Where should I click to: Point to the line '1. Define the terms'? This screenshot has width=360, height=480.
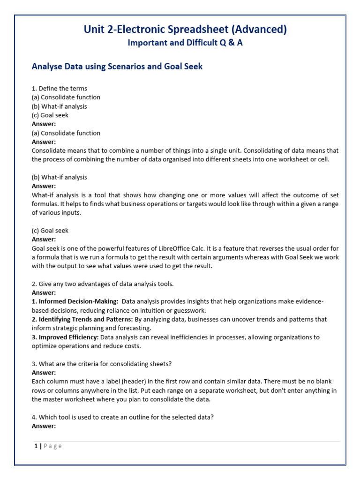(60, 88)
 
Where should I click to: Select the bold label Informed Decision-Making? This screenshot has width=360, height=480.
(75, 301)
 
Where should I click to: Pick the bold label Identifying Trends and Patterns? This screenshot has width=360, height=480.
(82, 319)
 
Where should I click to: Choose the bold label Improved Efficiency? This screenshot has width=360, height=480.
(65, 337)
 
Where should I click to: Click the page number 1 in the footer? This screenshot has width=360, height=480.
(36, 446)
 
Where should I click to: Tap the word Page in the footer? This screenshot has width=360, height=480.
(52, 446)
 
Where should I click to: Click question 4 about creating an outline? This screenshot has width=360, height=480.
(123, 417)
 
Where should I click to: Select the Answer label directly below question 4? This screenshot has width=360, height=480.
(44, 426)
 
